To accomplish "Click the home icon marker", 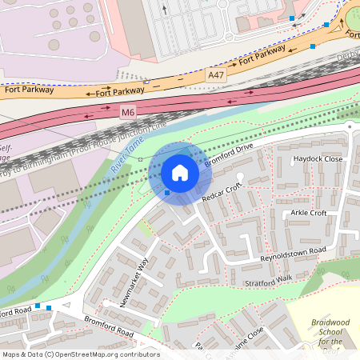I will pos(180,173).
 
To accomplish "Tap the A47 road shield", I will pos(216,74).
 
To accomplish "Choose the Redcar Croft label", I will pos(221,192).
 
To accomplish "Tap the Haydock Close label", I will pos(317,159).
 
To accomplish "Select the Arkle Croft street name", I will pos(308,214).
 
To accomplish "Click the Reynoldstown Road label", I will pos(294,255).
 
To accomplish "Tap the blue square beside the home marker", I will pos(166,192).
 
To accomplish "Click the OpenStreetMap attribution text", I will pos(80,354).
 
